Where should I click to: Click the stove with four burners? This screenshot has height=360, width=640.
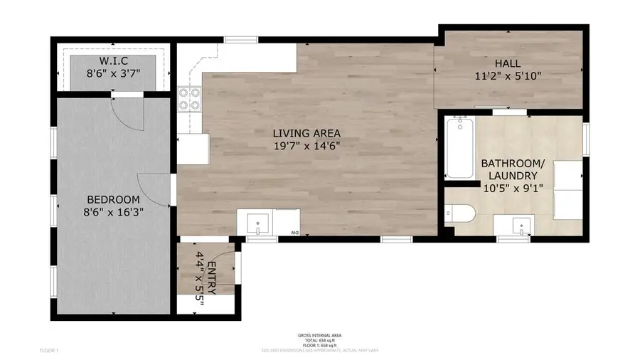188,99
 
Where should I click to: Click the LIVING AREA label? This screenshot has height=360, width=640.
308,133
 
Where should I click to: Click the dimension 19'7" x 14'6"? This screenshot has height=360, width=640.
308,147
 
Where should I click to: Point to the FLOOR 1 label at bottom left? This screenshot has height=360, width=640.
49,351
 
